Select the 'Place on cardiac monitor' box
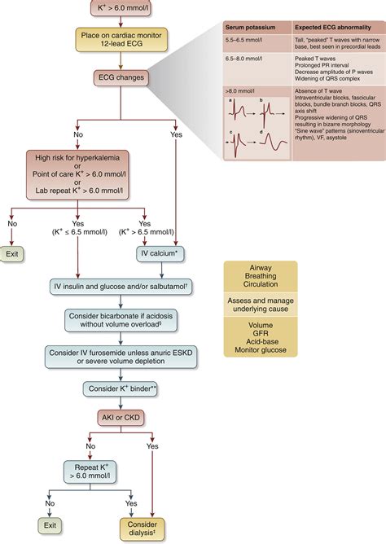(x=121, y=42)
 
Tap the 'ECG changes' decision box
(x=121, y=79)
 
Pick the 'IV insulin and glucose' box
(x=121, y=286)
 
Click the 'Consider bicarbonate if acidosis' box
(x=121, y=319)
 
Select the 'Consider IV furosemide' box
(x=121, y=356)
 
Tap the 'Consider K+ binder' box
(x=121, y=389)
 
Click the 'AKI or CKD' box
(x=121, y=419)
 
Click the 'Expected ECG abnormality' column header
(x=333, y=27)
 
